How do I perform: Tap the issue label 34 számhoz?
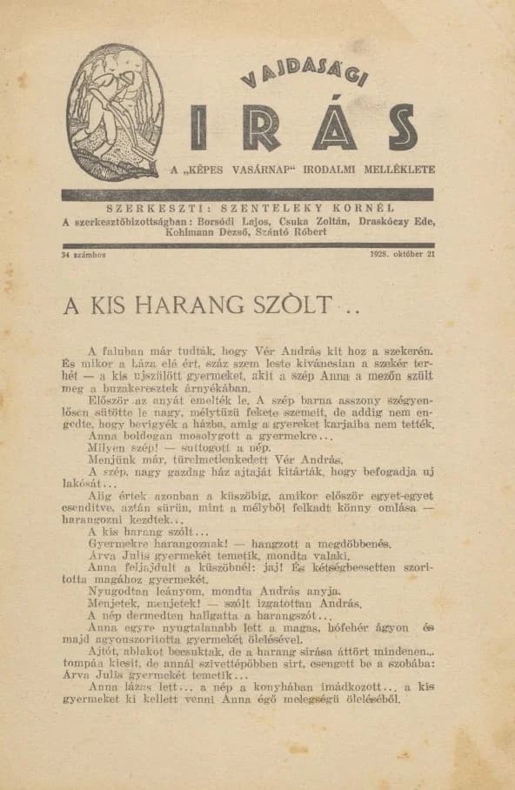coord(84,255)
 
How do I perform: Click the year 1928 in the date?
coord(381,255)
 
